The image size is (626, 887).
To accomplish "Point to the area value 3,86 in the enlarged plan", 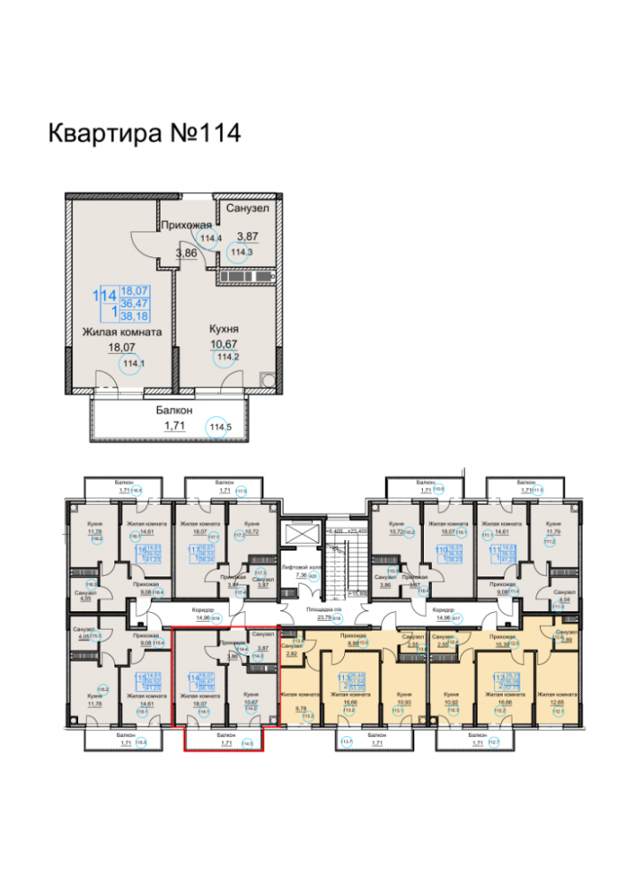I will click(186, 254).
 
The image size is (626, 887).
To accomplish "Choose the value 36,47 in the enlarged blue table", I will click(135, 302).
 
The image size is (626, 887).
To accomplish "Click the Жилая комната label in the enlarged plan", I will click(121, 332).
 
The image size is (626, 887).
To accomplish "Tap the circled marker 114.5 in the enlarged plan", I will click(218, 428).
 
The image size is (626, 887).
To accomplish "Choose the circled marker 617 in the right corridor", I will click(458, 619).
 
